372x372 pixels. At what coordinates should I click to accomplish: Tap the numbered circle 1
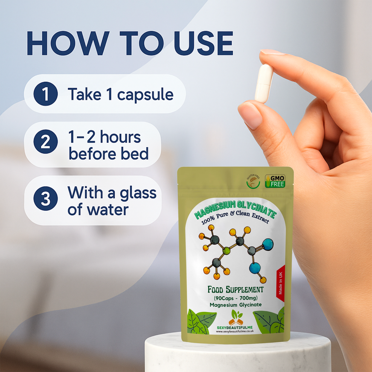[46, 94]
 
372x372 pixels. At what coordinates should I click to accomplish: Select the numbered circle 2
[46, 142]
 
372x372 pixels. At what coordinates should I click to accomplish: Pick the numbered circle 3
[46, 198]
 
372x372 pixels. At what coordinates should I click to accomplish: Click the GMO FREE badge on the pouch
[275, 181]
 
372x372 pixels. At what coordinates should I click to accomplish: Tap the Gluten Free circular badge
[253, 181]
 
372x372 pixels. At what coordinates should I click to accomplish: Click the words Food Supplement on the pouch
[235, 290]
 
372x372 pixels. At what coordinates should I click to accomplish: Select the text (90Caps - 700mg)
[236, 298]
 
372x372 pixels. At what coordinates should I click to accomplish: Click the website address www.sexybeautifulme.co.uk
[235, 331]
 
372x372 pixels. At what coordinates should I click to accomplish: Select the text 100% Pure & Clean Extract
[235, 218]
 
